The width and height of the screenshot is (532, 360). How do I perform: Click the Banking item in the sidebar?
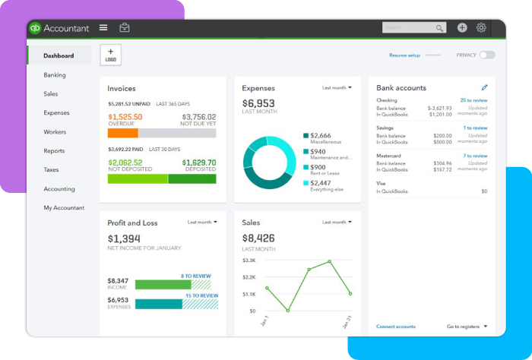(x=55, y=75)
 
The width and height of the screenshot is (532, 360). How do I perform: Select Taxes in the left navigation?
(x=51, y=170)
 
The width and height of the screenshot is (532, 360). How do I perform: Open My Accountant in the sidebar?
(x=64, y=208)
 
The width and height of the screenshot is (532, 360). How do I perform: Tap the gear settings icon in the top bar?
(x=481, y=27)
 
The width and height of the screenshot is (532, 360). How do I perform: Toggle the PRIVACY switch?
(x=486, y=55)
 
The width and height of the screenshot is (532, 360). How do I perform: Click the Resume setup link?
(x=404, y=55)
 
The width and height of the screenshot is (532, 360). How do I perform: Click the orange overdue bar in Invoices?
(x=123, y=132)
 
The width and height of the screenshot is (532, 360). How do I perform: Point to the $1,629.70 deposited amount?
(x=199, y=163)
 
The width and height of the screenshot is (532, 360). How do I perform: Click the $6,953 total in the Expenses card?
(x=258, y=103)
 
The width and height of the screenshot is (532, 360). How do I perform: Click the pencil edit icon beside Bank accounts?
(x=485, y=88)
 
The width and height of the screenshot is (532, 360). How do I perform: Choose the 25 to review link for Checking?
(x=473, y=100)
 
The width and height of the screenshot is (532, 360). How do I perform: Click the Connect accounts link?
(x=396, y=327)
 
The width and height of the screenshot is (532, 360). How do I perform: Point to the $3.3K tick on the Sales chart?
(x=249, y=261)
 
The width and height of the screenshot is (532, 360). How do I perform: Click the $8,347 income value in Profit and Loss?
(x=118, y=281)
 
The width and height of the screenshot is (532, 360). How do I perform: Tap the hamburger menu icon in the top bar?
(x=103, y=28)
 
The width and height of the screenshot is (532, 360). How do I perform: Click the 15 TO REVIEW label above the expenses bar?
(x=199, y=295)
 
